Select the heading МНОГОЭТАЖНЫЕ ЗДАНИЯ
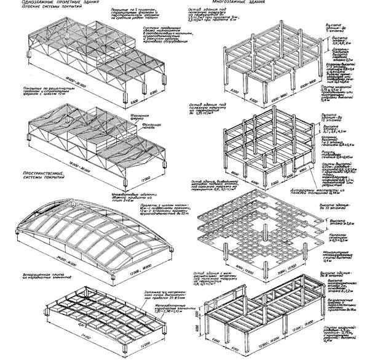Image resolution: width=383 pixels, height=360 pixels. pyautogui.click(x=225, y=4)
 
